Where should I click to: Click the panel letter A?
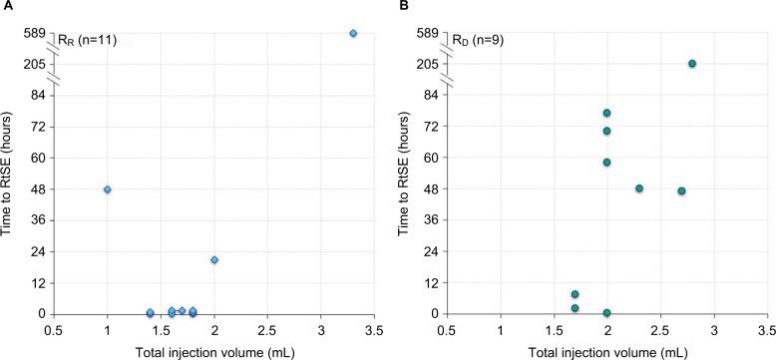coord(6,7)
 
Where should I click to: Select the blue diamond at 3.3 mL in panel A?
coord(353,33)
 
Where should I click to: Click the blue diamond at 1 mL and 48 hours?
coord(108,189)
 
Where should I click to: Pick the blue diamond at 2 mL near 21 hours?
coord(214,260)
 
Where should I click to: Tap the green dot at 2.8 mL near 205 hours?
coord(692,64)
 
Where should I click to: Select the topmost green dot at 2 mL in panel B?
coord(606,113)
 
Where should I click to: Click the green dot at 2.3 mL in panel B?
coord(639,188)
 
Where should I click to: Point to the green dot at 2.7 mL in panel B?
coord(681,190)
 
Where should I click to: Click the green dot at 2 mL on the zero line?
coord(606,313)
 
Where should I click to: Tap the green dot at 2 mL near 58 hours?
coord(606,162)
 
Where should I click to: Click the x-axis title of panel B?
coord(606,351)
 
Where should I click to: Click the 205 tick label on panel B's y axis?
coord(427,64)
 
